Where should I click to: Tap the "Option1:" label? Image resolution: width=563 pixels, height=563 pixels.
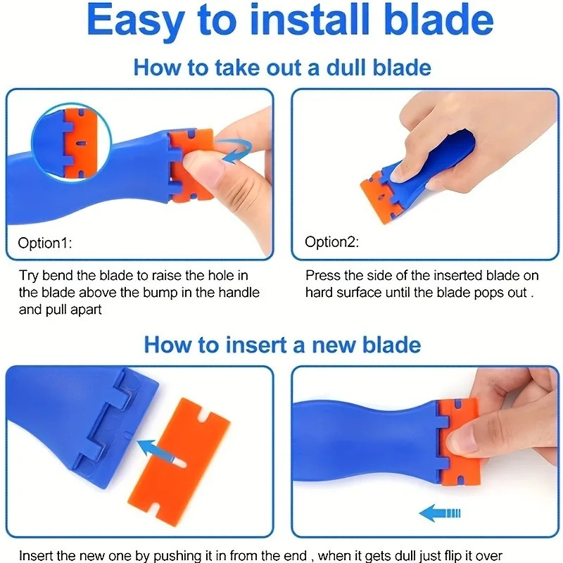pyautogui.click(x=45, y=243)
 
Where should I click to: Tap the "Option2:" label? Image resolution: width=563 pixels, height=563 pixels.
pyautogui.click(x=332, y=242)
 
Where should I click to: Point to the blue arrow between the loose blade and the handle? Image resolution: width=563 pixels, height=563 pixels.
pyautogui.click(x=156, y=445)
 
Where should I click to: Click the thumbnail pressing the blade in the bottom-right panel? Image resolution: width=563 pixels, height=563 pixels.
pyautogui.click(x=467, y=443)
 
